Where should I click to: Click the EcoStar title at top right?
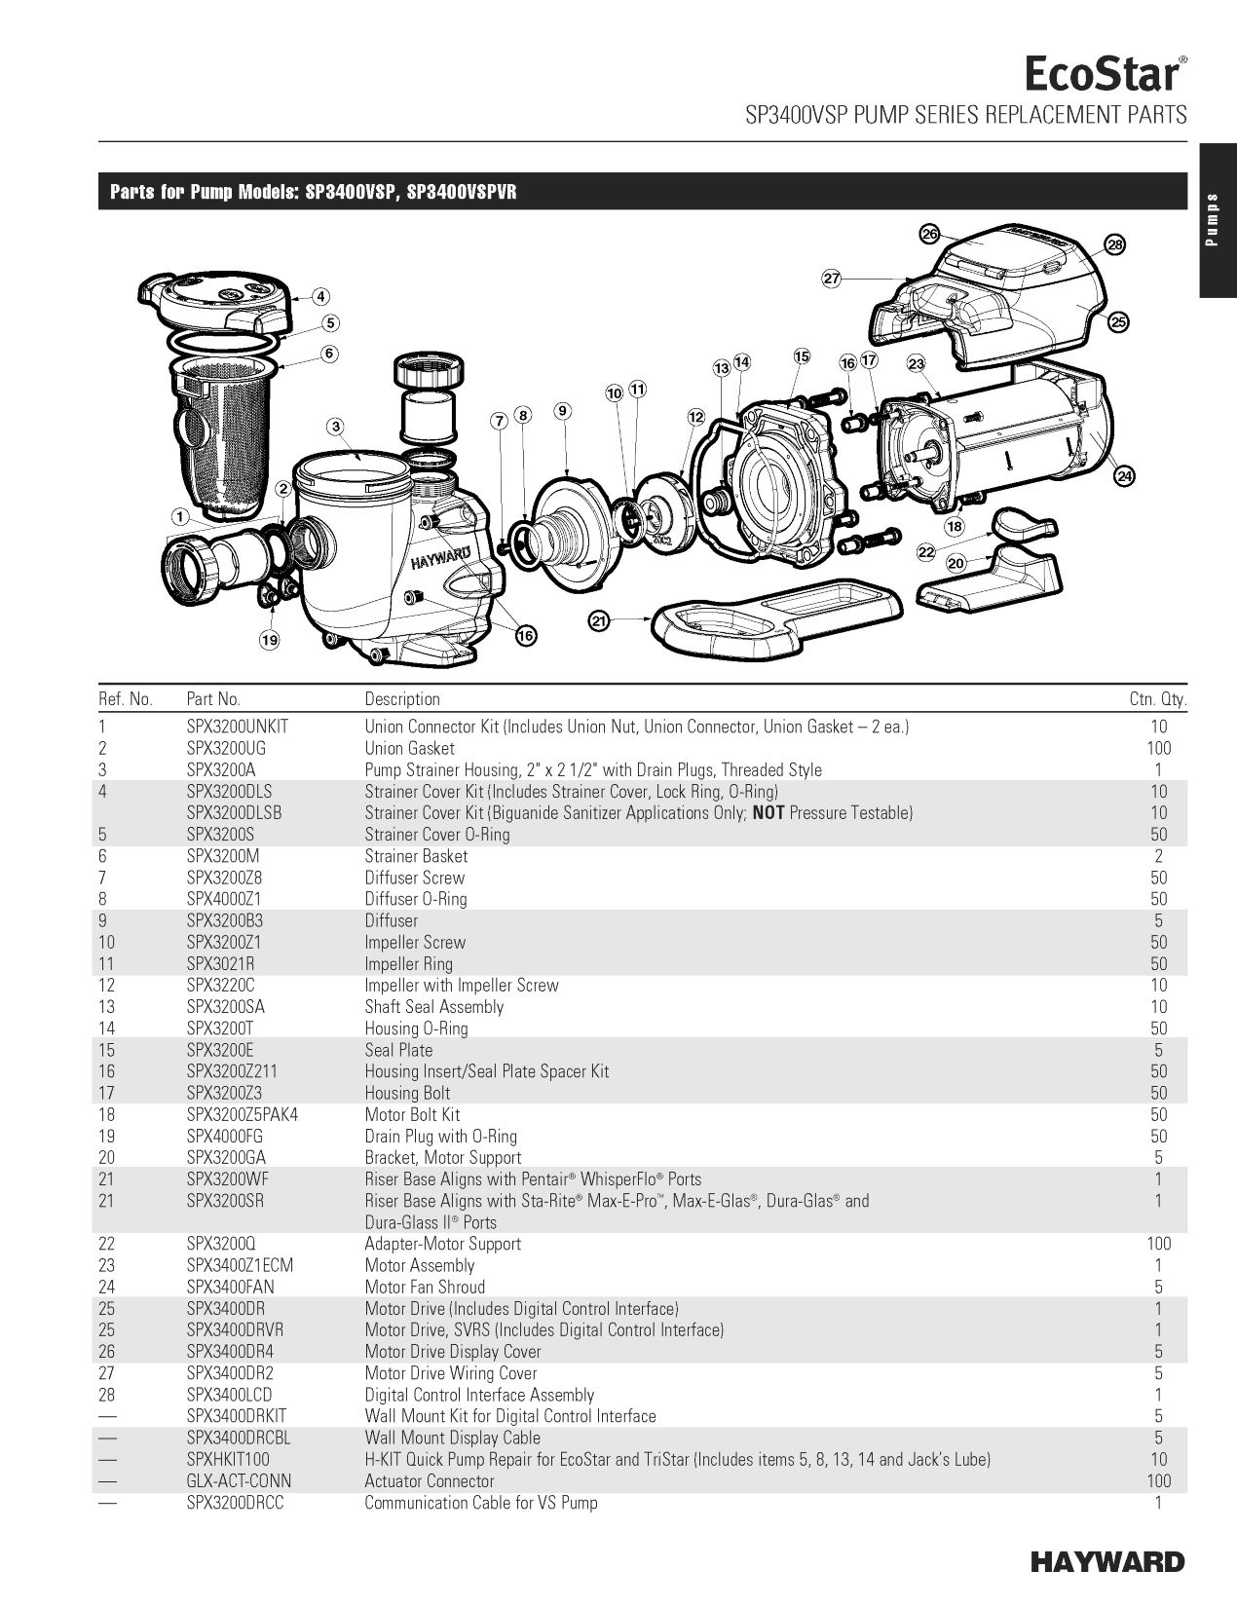coord(1106,75)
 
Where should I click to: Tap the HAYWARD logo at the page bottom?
coord(1107,1562)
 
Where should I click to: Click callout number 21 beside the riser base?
coord(599,621)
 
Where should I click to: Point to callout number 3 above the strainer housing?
coord(336,427)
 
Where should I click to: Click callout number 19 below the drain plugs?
coord(269,640)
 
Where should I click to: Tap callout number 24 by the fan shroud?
coord(1124,476)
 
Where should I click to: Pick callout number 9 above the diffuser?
coord(563,410)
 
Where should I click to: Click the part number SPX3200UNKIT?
coord(238,727)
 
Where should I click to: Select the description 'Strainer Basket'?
coord(416,856)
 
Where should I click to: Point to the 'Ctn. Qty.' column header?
coord(1158,699)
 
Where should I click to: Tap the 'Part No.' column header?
coord(213,699)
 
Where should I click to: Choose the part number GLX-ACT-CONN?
coord(239,1481)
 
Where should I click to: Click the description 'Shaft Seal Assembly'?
coord(434,1007)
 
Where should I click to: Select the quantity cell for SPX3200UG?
coord(1159,748)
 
